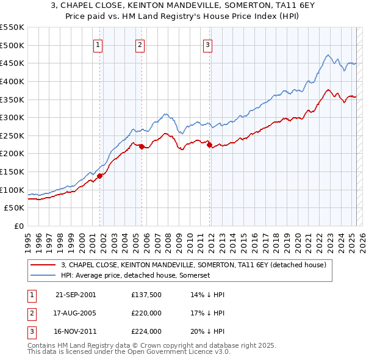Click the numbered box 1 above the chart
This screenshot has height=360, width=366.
pos(99,44)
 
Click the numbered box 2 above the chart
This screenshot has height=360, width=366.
pos(140,44)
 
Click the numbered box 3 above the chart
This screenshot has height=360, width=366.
pos(208,44)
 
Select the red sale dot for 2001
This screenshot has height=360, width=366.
pos(99,176)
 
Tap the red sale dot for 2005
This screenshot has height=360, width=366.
pos(142,146)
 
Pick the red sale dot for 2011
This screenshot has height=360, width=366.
pos(209,145)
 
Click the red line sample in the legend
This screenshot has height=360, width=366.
pos(43,265)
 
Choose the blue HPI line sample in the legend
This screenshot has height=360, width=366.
pos(43,276)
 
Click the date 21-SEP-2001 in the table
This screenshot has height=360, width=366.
pos(76,295)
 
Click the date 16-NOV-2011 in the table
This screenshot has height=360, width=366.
pos(76,331)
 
